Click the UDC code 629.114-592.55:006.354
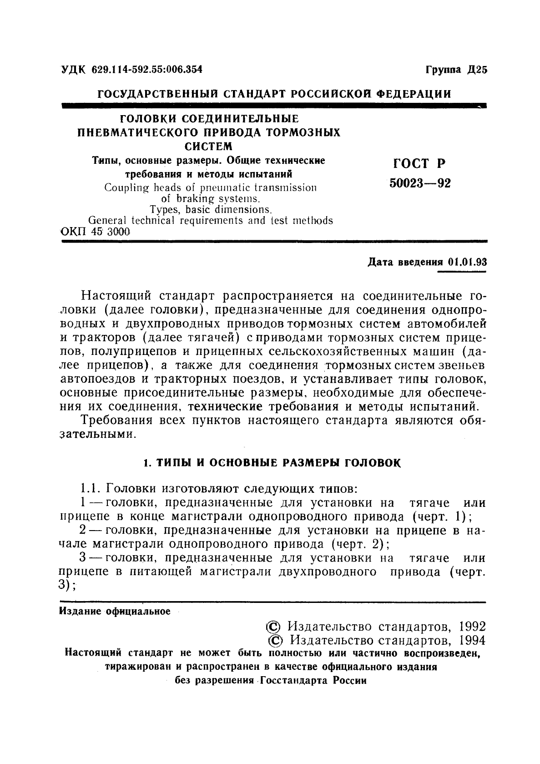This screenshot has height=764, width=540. coord(147,70)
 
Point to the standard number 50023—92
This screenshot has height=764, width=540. coord(420,183)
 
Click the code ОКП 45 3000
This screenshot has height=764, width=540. coord(95,232)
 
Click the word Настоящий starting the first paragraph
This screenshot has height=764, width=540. coord(116,296)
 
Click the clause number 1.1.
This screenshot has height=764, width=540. coord(90,490)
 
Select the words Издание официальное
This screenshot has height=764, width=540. coord(115,611)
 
